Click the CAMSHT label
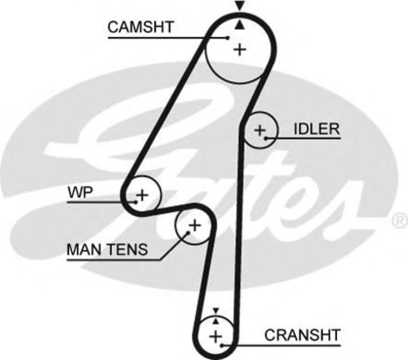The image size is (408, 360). (x=140, y=27)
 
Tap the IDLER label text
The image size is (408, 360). (x=317, y=129)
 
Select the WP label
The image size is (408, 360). (x=81, y=193)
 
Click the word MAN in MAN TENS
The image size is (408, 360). (x=83, y=249)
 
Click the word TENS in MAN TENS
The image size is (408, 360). (x=126, y=249)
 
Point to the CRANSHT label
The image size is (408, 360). (x=303, y=335)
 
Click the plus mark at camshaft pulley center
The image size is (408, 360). (x=240, y=50)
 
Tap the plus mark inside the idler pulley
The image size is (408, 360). (x=259, y=130)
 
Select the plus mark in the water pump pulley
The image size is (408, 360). (x=142, y=195)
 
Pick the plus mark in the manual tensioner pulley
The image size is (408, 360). (x=195, y=225)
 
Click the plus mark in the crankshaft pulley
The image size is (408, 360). (x=215, y=337)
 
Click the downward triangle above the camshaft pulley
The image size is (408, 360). (x=240, y=6)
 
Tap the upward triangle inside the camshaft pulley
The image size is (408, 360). (x=240, y=25)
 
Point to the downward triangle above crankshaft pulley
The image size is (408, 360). (x=215, y=311)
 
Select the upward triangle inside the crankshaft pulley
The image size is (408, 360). (x=215, y=321)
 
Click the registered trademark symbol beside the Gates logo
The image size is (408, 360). (x=401, y=220)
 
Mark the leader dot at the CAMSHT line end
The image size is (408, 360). (x=228, y=38)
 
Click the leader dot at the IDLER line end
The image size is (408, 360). (x=266, y=138)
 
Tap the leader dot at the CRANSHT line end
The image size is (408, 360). (x=222, y=345)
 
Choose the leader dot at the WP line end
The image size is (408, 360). (x=135, y=202)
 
